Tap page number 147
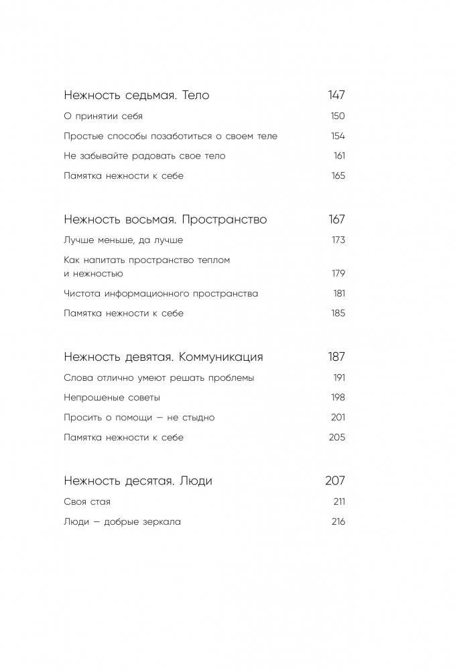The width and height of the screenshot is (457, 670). click(336, 95)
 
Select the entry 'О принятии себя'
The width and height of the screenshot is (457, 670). click(103, 116)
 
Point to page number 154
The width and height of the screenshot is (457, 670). click(338, 136)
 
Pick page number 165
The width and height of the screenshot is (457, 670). click(338, 176)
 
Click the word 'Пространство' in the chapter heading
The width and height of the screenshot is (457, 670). click(224, 220)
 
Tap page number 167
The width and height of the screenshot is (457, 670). click(336, 220)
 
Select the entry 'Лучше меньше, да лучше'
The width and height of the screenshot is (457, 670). click(123, 240)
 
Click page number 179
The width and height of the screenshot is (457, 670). click(338, 273)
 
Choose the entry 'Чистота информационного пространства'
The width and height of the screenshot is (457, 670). click(161, 293)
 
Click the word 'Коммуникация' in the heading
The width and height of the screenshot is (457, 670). click(222, 357)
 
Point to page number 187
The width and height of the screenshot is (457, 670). click(336, 357)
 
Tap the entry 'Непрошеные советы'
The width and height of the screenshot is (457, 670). click(112, 398)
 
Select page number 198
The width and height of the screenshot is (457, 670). click(338, 398)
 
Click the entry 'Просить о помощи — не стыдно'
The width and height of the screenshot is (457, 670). click(139, 418)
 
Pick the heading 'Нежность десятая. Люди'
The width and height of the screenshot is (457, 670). click(138, 481)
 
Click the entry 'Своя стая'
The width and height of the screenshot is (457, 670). click(87, 501)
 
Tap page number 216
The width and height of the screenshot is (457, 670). click(338, 521)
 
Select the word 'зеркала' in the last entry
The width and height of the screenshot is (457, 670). click(161, 521)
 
